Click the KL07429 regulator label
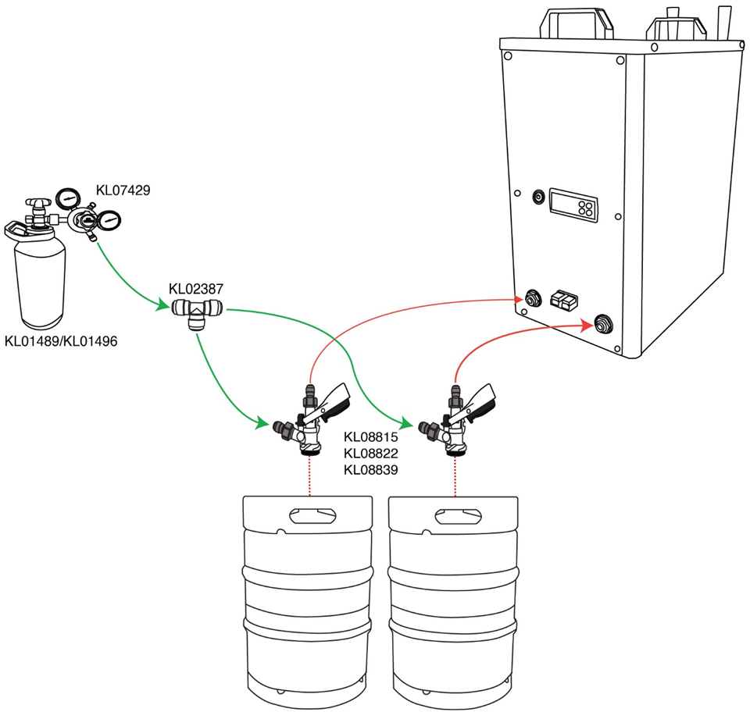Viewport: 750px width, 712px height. coord(123,190)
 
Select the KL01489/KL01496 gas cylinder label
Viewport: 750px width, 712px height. coord(61,341)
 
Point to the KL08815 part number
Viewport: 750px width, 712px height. coord(371,438)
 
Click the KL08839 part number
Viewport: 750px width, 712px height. coord(371,470)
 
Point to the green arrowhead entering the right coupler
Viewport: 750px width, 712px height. coord(407,424)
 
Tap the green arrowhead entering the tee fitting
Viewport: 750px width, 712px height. coord(164,307)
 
